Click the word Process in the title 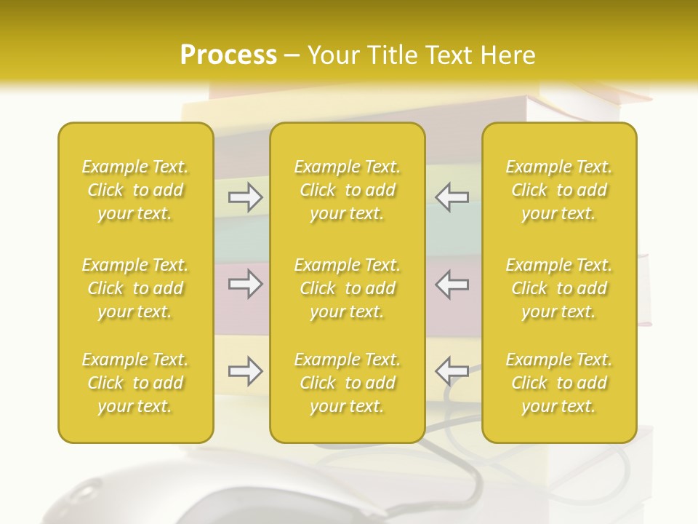coord(228,55)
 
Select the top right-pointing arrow coord(246,197)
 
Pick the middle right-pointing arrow coord(246,283)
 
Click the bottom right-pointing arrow coord(246,371)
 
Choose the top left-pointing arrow coord(452,197)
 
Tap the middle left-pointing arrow coord(452,283)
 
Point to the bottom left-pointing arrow coord(452,371)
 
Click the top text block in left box coord(135,190)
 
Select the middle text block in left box coord(135,288)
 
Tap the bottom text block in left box coord(135,383)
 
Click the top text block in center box coord(348,190)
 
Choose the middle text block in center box coord(348,288)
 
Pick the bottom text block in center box coord(348,383)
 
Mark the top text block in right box coord(559,190)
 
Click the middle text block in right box coord(559,288)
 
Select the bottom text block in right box coord(559,383)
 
